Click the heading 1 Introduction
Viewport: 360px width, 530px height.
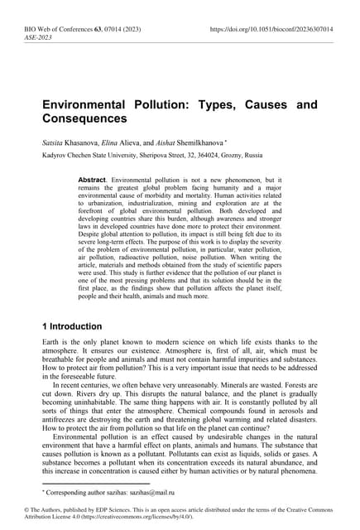79,326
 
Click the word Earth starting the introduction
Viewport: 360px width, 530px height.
51,342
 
